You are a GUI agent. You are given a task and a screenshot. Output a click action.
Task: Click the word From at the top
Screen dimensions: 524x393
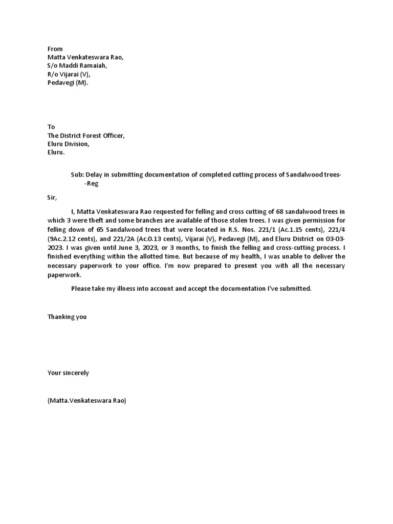click(x=55, y=49)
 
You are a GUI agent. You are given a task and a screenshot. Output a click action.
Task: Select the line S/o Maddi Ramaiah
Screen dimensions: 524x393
click(x=78, y=66)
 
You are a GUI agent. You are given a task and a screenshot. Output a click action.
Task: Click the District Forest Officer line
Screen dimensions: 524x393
click(x=86, y=136)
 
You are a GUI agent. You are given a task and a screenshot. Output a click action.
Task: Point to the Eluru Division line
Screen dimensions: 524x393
click(x=69, y=144)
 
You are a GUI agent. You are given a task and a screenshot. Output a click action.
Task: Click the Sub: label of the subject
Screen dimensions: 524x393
click(x=77, y=175)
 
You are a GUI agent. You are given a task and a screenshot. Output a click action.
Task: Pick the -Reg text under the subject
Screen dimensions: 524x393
click(x=91, y=184)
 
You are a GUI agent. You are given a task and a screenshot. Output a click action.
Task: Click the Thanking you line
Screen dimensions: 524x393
click(x=67, y=317)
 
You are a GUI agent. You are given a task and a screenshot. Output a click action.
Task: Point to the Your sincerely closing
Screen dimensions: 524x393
click(x=68, y=373)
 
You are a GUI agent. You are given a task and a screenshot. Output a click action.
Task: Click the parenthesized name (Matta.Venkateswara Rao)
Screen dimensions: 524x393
click(x=86, y=401)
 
